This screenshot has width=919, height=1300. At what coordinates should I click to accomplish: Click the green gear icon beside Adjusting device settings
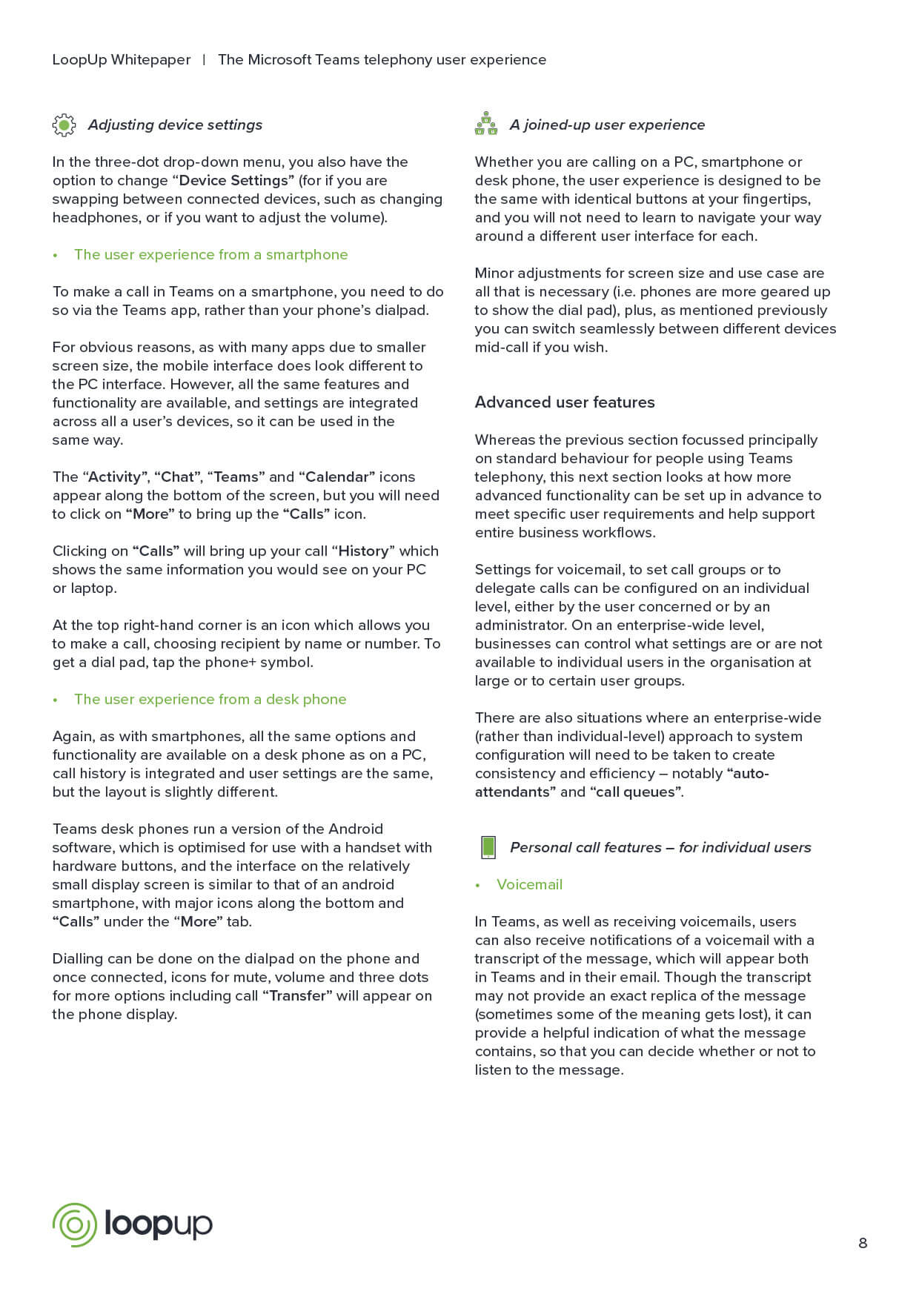pos(64,125)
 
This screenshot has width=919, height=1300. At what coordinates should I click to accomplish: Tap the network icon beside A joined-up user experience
pos(486,124)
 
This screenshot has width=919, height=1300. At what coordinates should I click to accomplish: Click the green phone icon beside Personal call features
pos(488,847)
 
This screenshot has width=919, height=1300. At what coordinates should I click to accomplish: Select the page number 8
pos(863,1243)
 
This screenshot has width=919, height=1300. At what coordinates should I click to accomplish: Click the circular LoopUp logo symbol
pos(75,1224)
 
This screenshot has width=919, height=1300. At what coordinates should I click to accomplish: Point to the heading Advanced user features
pos(565,402)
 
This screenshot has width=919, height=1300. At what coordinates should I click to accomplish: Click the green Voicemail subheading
pos(529,884)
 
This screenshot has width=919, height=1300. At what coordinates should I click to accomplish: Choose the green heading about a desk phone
pos(210,699)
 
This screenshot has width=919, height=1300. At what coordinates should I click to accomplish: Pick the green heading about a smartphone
pos(210,254)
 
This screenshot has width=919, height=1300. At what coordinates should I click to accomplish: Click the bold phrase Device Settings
pos(233,180)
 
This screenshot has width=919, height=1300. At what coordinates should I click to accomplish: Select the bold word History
pos(363,551)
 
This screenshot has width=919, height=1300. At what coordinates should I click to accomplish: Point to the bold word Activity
pos(114,477)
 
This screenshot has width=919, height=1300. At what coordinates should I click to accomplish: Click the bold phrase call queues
pos(636,792)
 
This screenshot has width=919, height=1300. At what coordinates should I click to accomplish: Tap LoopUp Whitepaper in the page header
pos(122,60)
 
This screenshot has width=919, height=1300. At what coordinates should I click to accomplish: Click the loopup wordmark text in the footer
pos(159,1224)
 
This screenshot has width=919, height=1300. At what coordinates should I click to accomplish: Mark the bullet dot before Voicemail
pos(478,885)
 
